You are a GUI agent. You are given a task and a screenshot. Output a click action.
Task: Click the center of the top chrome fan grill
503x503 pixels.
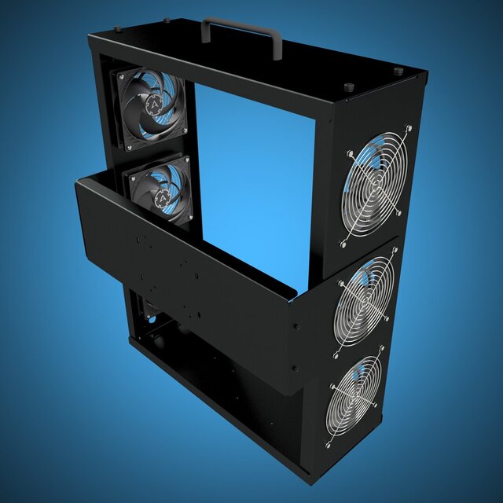(376, 184)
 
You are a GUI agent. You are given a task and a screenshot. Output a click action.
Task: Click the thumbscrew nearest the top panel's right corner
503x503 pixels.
(398, 72)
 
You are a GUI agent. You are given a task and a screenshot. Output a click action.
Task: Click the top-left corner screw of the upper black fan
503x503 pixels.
(117, 75)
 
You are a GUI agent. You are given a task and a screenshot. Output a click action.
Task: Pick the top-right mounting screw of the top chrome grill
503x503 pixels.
(409, 127)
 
